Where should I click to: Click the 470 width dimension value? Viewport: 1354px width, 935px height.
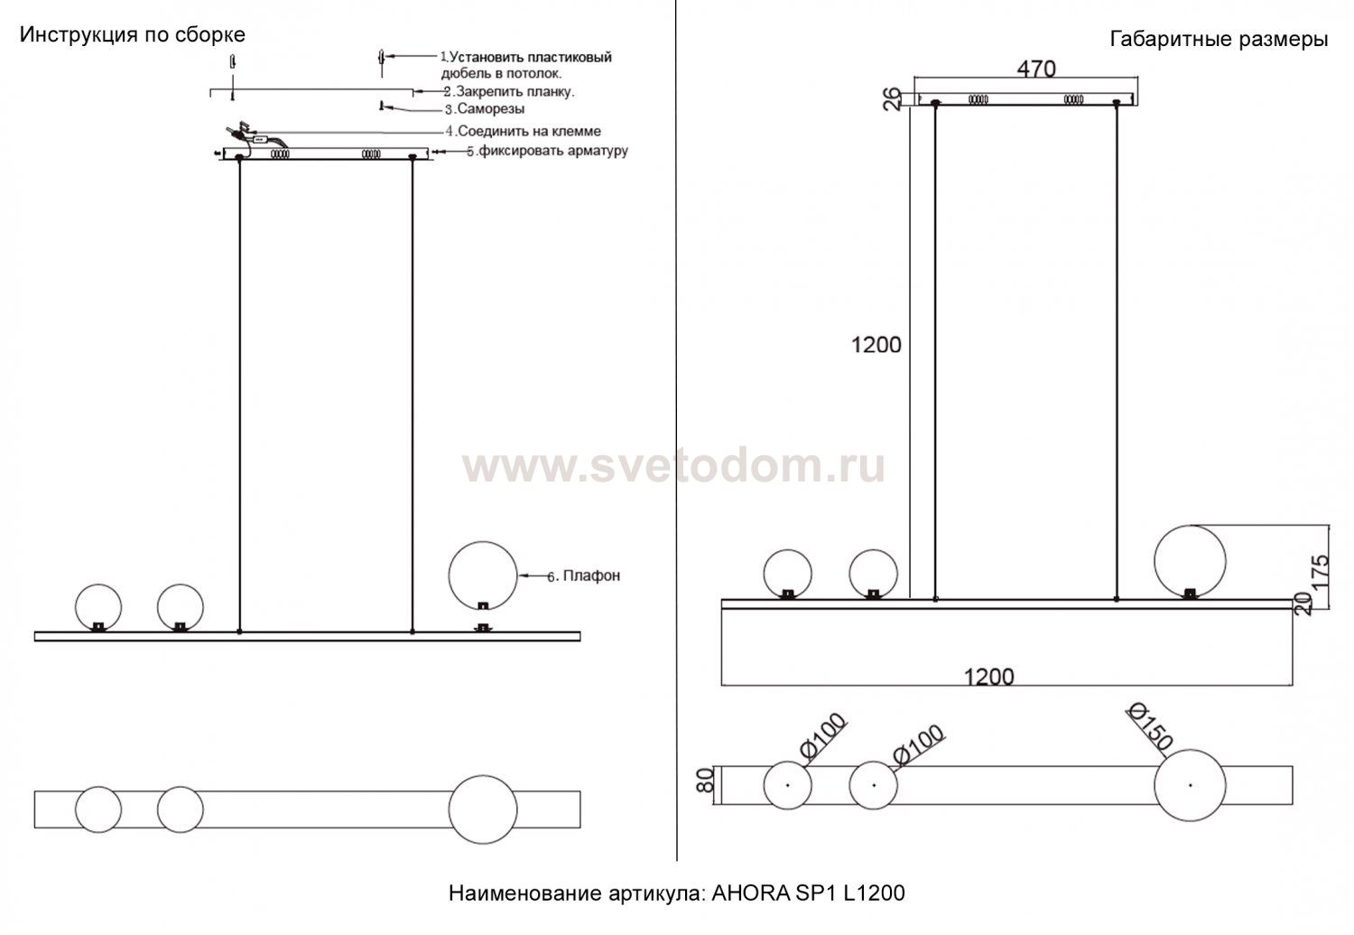tap(1036, 69)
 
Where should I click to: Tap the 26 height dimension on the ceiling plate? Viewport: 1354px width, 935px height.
tap(892, 99)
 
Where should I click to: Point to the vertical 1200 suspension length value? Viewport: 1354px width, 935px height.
tap(876, 345)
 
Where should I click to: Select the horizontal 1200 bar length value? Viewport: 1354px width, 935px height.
tap(988, 676)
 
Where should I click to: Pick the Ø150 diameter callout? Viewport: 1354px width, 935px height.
tap(1149, 726)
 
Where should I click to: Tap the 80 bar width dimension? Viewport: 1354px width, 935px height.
tap(705, 781)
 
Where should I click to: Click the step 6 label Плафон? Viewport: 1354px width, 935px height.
tap(584, 575)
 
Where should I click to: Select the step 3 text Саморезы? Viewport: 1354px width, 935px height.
tap(485, 109)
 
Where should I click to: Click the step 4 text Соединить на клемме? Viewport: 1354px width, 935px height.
tap(524, 131)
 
